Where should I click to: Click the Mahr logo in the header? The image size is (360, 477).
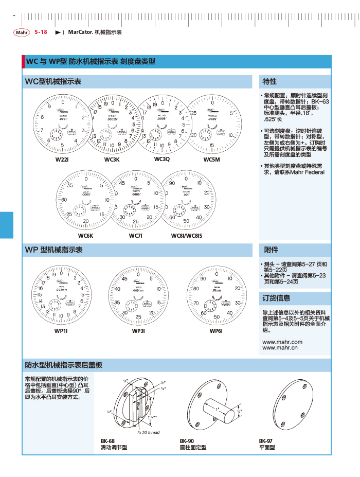[22, 32]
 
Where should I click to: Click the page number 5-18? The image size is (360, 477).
[41, 32]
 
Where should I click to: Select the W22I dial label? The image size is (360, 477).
[62, 160]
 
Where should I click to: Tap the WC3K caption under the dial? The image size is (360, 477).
[112, 160]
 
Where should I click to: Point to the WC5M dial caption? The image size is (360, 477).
[211, 160]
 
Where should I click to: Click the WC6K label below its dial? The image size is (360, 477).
[85, 235]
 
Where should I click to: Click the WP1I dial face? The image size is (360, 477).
[62, 294]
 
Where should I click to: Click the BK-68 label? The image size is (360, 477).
[107, 441]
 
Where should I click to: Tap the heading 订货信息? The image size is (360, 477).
[276, 298]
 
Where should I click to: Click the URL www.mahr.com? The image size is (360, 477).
[282, 342]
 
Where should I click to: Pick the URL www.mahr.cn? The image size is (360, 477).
[280, 348]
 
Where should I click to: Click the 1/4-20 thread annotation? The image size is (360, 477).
[149, 432]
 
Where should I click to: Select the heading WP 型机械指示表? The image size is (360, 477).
[54, 250]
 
